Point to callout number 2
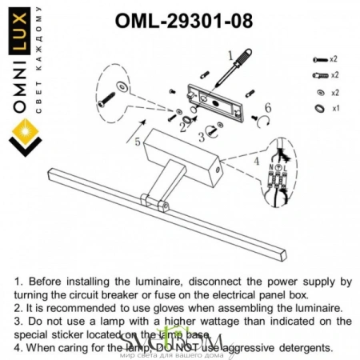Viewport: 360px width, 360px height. click(x=183, y=126)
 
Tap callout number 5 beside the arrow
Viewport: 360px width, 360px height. click(x=138, y=142)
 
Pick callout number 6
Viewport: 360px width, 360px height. click(x=267, y=107)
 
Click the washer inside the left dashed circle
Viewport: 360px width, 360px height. click(x=122, y=85)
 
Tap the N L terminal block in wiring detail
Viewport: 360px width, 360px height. click(x=279, y=176)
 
